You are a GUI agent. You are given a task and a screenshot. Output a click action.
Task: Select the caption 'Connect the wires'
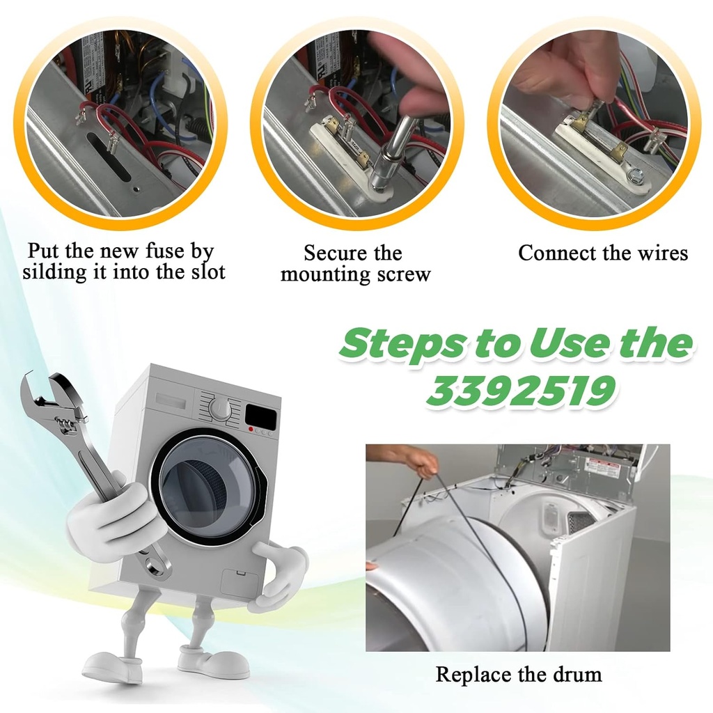point(603,253)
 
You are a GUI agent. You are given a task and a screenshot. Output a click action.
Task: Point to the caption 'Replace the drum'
point(518,674)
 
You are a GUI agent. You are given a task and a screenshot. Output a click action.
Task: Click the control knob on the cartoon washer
point(220,409)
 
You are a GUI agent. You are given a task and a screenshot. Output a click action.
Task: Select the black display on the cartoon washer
point(260,418)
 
